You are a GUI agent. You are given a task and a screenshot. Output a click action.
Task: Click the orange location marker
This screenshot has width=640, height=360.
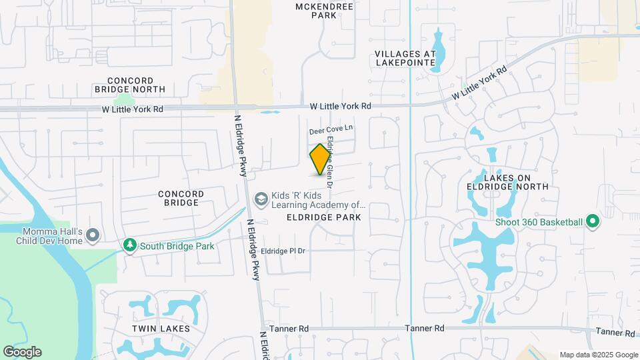pos(321,159)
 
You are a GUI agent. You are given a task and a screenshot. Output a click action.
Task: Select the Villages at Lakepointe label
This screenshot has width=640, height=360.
pos(405,58)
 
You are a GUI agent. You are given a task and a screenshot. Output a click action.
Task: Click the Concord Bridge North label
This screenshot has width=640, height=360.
pos(130,84)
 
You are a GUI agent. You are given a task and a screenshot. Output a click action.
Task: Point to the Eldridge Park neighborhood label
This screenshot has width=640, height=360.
pos(324,217)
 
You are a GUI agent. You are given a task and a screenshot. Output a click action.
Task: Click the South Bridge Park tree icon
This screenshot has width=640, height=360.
pos(130,246)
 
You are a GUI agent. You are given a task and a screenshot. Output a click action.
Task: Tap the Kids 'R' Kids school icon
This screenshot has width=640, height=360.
pos(261,199)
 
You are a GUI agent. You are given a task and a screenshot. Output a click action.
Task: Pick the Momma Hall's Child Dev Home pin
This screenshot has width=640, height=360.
pos(93,235)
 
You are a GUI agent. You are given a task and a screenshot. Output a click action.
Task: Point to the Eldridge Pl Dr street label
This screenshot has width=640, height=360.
pos(283,251)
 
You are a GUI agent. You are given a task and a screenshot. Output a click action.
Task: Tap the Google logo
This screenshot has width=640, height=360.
pos(22,352)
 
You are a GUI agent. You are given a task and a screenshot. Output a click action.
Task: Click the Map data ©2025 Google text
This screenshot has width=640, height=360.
pos(599,355)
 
